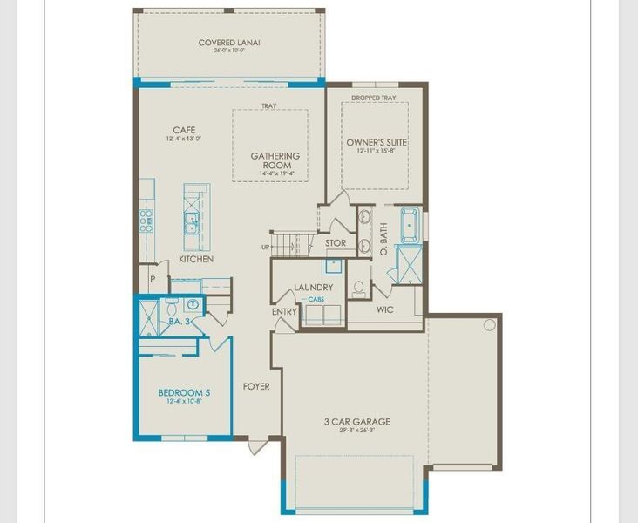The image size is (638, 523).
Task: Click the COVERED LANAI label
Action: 229,43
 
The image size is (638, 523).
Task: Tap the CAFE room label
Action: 184,130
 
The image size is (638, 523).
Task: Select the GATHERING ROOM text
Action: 275,161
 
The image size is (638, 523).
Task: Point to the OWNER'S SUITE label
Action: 377,142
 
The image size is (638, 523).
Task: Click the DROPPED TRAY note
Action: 374,98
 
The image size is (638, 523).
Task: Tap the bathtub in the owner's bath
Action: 410,225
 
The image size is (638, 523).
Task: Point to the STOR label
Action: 336,243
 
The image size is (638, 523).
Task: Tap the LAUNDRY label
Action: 313,287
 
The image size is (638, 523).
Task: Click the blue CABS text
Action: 315,299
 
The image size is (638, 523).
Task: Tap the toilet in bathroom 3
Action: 171,307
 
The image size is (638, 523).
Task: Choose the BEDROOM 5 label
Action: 183,392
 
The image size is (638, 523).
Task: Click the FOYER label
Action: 256,386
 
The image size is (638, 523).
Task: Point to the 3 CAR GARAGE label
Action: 357,422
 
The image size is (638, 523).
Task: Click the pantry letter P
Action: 152,279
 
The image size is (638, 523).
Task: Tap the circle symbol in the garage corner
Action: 490,325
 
